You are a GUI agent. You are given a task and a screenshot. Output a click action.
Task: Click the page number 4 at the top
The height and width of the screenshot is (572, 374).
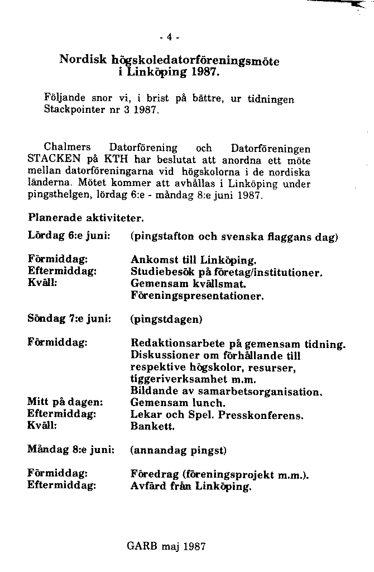tap(169, 38)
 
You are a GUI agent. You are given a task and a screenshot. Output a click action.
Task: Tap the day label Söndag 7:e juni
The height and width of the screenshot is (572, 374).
tap(69, 319)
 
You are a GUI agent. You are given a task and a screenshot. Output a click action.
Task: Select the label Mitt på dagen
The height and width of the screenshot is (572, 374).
tap(65, 402)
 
